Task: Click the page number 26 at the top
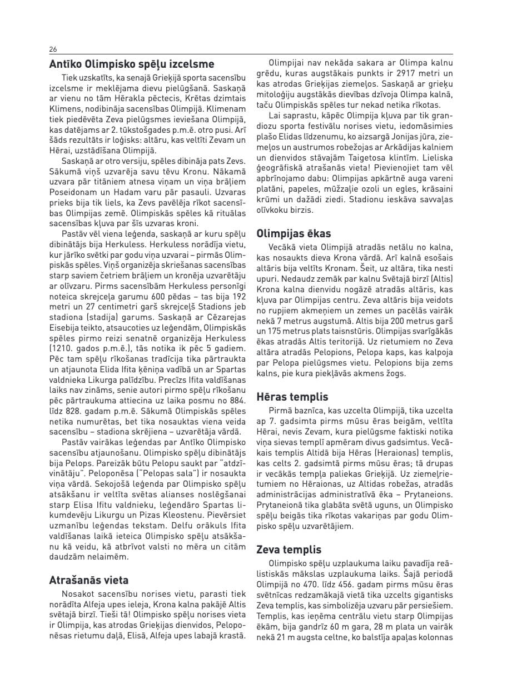tap(53, 49)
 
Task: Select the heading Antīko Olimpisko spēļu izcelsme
tap(132, 64)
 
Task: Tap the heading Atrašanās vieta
tap(89, 581)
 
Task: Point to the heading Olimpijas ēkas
tap(294, 234)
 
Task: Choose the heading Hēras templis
tap(292, 397)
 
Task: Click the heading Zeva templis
tap(289, 550)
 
